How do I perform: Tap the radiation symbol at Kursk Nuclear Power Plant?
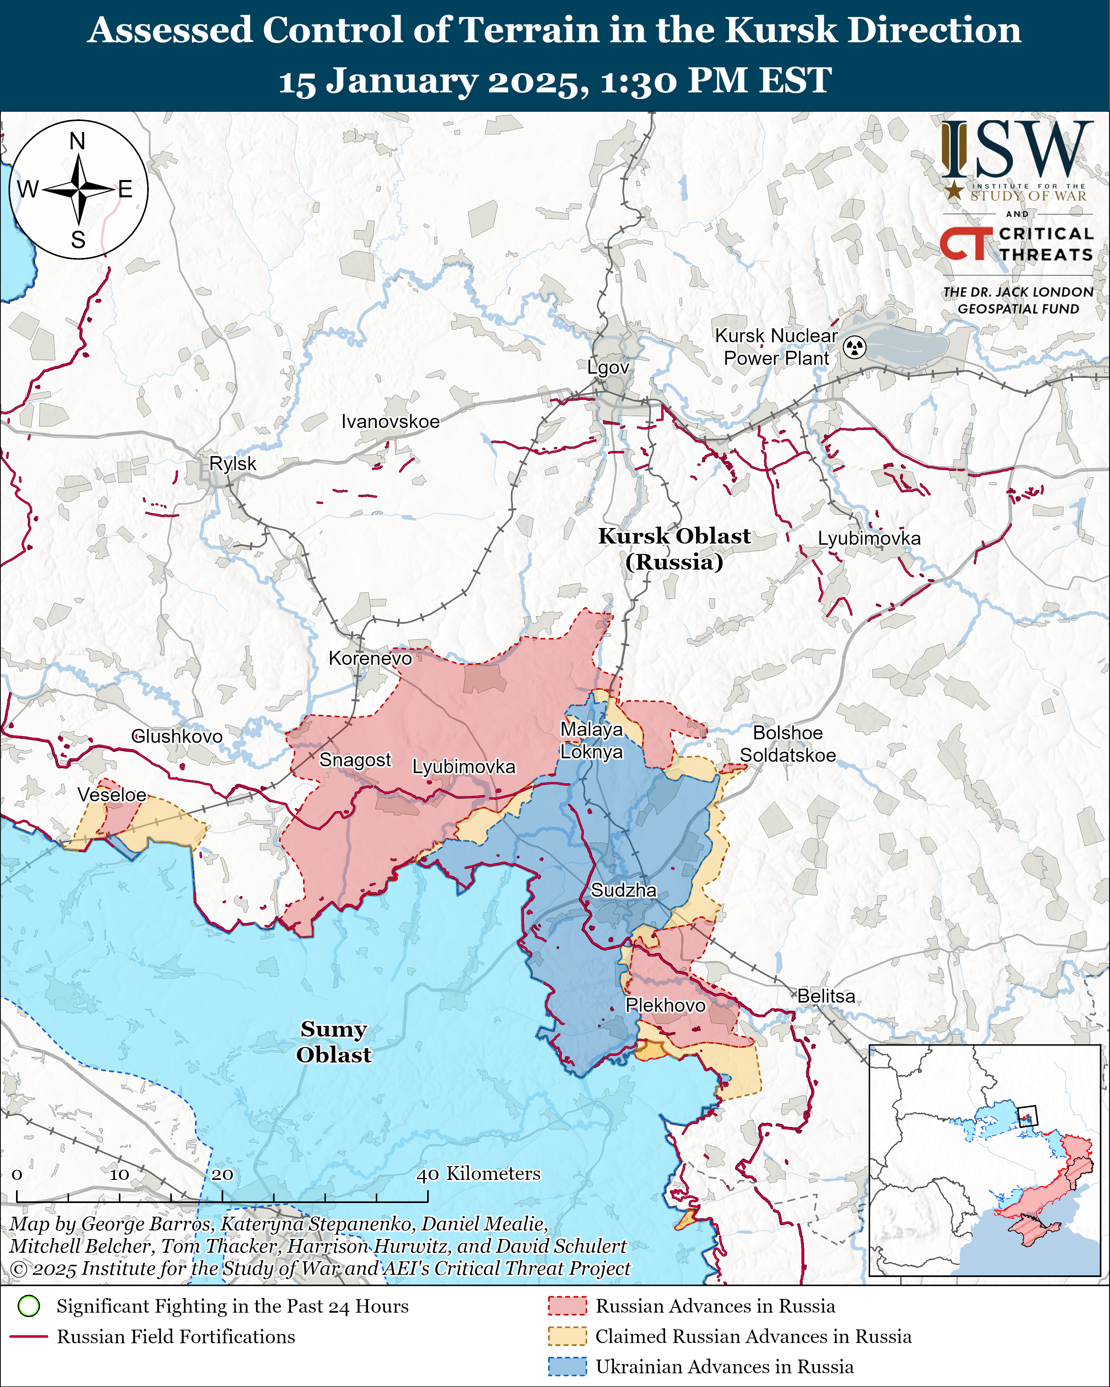coord(855,347)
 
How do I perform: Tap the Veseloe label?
coord(112,795)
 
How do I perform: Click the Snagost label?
coord(355,760)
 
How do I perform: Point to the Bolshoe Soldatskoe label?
coord(788,744)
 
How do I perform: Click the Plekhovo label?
coord(665,1005)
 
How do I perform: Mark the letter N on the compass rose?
coord(77,141)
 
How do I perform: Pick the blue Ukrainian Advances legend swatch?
coord(567,1366)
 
